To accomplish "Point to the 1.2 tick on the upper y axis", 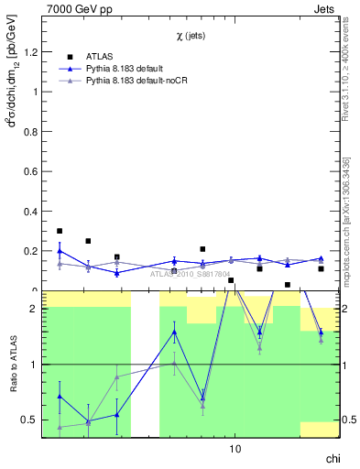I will (x=30, y=52).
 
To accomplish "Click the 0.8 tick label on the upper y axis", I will (x=30, y=132).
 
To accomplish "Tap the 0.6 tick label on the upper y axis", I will (x=30, y=172).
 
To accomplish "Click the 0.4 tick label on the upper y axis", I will (x=30, y=212).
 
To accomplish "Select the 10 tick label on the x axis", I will (x=235, y=450).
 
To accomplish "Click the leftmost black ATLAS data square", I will (x=60, y=232).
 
